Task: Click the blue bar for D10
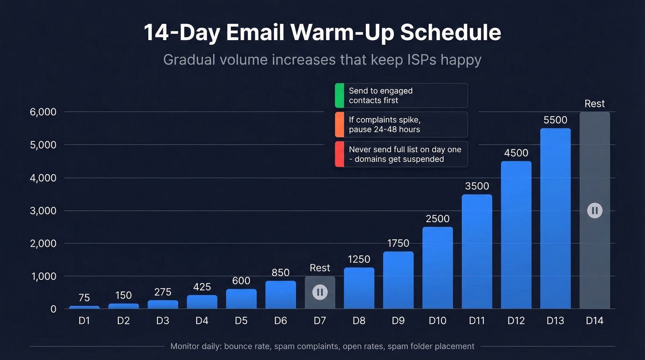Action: pyautogui.click(x=437, y=268)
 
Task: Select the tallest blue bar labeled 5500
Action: pyautogui.click(x=555, y=218)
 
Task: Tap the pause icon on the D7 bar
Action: pyautogui.click(x=320, y=292)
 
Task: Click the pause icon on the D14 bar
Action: pyautogui.click(x=594, y=211)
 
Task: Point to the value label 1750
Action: pyautogui.click(x=398, y=243)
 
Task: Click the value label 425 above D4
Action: pyautogui.click(x=202, y=287)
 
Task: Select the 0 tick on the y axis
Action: pyautogui.click(x=53, y=309)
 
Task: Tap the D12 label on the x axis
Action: pyautogui.click(x=516, y=321)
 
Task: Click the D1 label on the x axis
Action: pyautogui.click(x=84, y=321)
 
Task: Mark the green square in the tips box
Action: pyautogui.click(x=340, y=95)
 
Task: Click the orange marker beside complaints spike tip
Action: pyautogui.click(x=340, y=124)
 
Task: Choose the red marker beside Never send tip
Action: pyautogui.click(x=340, y=154)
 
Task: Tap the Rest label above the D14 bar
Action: pyautogui.click(x=594, y=104)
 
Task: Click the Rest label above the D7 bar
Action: pyautogui.click(x=320, y=268)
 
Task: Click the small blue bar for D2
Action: pyautogui.click(x=123, y=306)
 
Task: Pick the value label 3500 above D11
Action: pyautogui.click(x=477, y=186)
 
